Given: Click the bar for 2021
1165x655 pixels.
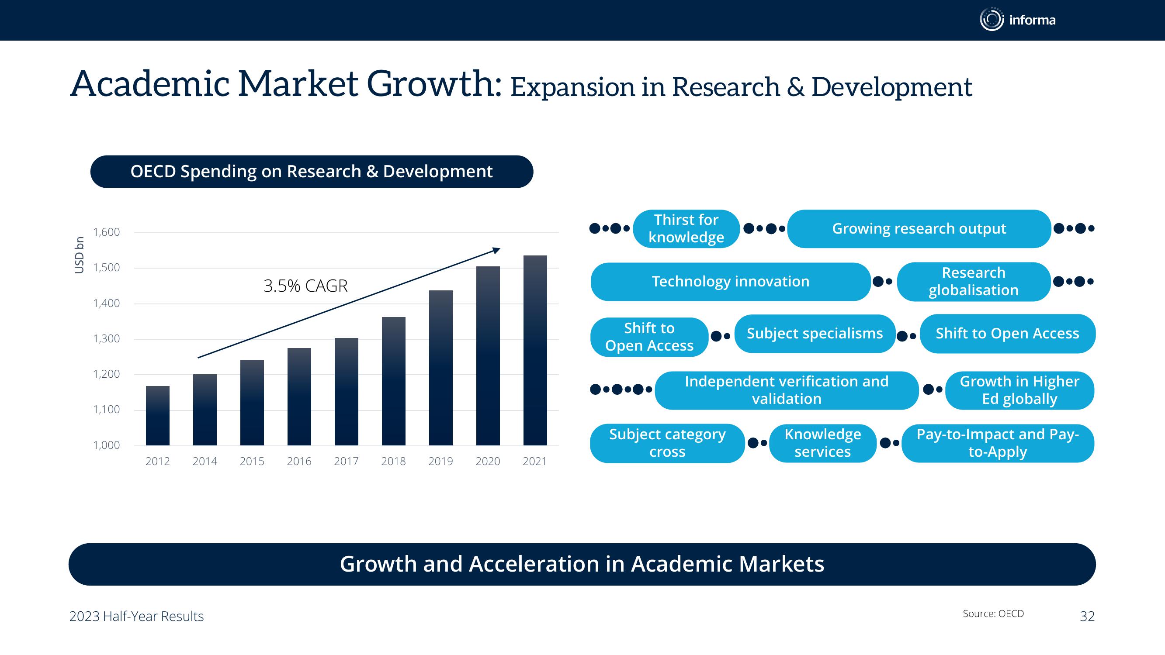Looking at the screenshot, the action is click(x=535, y=350).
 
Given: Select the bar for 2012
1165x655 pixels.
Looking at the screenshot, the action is click(x=157, y=416).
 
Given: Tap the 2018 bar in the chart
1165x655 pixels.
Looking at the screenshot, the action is click(x=393, y=381).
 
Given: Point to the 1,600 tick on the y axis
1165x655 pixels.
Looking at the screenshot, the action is click(x=106, y=232).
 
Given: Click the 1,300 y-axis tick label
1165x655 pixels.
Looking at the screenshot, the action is click(x=106, y=338).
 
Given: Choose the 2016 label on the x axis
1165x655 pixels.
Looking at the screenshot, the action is click(x=299, y=461).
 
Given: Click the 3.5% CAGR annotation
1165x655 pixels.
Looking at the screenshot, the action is click(x=306, y=286).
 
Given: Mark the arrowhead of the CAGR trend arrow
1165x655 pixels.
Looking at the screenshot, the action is click(x=496, y=250).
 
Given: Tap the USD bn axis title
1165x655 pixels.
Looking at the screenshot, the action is click(x=79, y=255).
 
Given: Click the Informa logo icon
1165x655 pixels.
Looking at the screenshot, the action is click(x=992, y=20).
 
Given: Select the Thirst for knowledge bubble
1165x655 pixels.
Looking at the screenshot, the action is click(x=686, y=229).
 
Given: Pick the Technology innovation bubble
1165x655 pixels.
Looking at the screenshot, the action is click(x=730, y=282).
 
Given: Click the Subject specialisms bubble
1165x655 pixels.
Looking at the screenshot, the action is click(x=815, y=334).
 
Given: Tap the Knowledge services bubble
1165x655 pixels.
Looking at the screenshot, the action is click(x=823, y=443).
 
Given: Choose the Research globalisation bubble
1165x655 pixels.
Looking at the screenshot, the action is click(x=974, y=282).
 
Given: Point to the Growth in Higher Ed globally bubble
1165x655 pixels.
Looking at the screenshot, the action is click(x=1019, y=390).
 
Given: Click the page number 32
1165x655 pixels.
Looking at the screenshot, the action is click(x=1087, y=616).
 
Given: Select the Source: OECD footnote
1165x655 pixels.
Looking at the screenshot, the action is click(x=993, y=614).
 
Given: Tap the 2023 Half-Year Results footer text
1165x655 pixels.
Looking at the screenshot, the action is click(x=137, y=616).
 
